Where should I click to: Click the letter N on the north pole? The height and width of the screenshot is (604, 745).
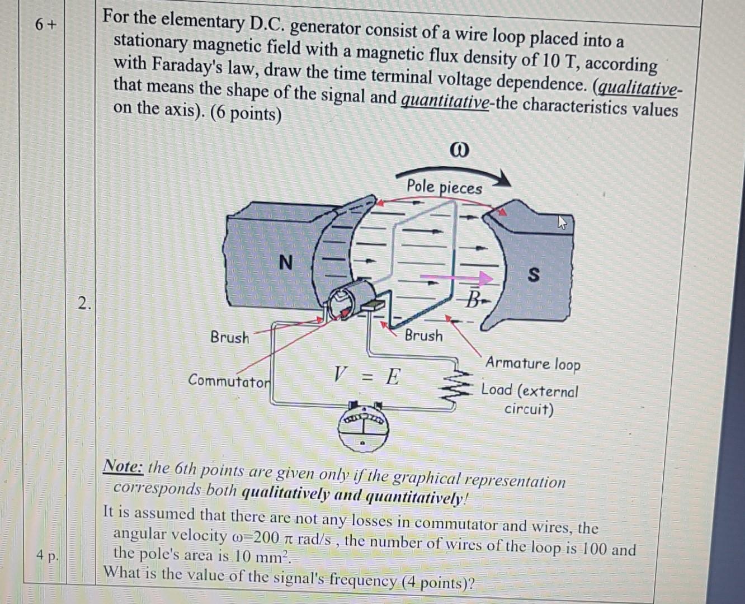click(285, 262)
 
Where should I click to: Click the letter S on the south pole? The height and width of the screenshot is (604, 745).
click(534, 275)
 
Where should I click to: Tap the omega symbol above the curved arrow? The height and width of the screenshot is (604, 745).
click(459, 150)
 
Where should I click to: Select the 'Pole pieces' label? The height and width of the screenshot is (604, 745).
click(444, 187)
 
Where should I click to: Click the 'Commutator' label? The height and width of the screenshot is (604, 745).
click(229, 381)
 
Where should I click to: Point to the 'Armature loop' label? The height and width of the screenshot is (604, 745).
click(532, 364)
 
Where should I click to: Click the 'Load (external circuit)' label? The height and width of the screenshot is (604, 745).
click(529, 399)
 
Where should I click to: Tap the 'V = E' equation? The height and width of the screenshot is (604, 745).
click(367, 376)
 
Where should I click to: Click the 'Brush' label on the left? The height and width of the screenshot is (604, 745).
click(230, 337)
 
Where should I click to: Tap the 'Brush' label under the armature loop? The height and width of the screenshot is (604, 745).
click(423, 336)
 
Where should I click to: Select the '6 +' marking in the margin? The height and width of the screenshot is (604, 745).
click(45, 25)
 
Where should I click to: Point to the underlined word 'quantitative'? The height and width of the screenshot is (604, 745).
click(445, 102)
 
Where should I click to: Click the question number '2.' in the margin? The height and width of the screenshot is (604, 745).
click(84, 304)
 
